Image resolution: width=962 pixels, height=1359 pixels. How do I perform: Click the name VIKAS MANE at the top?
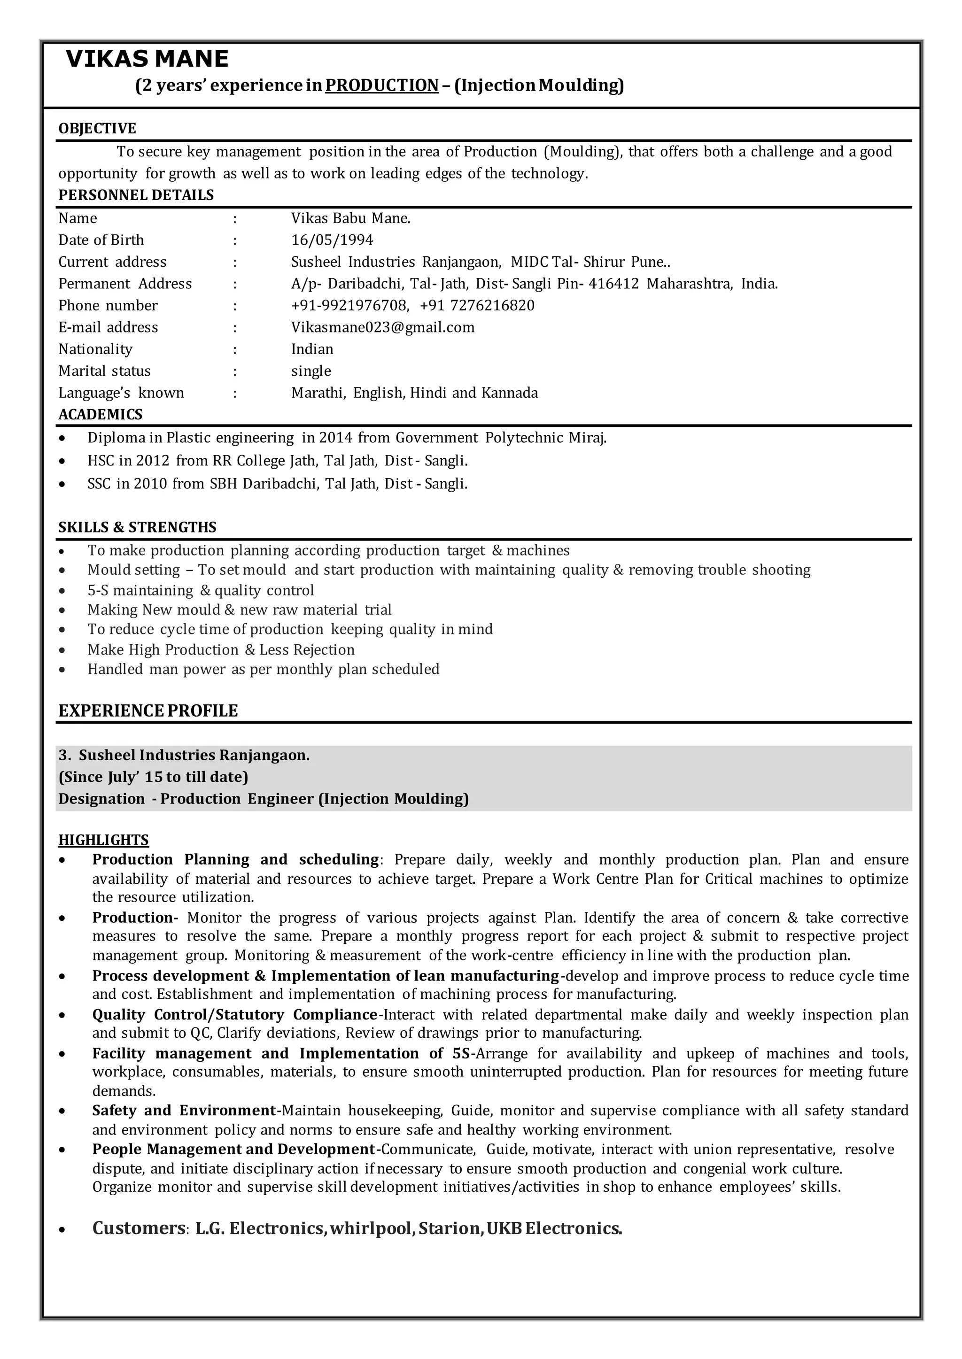coord(147,59)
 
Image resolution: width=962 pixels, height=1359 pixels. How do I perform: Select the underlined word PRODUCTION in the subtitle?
coord(382,86)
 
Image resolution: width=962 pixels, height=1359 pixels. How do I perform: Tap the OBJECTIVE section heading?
coord(97,129)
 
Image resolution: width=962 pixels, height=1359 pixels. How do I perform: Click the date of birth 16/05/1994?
coord(332,240)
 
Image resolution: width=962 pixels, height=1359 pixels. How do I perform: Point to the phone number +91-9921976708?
coord(349,306)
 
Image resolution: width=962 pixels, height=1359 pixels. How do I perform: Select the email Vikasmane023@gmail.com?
coord(383,327)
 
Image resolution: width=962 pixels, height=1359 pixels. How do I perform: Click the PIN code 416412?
coord(613,284)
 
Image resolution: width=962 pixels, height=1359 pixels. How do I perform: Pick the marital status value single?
coord(311,371)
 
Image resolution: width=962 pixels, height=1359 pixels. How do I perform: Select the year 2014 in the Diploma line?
coord(336,438)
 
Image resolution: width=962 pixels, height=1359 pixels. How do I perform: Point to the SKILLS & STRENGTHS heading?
coord(138,527)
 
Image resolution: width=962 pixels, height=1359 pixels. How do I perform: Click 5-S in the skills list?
coord(98,590)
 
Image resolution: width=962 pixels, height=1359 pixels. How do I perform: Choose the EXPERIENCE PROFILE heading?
coord(148,710)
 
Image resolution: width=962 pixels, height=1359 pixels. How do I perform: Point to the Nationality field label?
coord(95,349)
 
